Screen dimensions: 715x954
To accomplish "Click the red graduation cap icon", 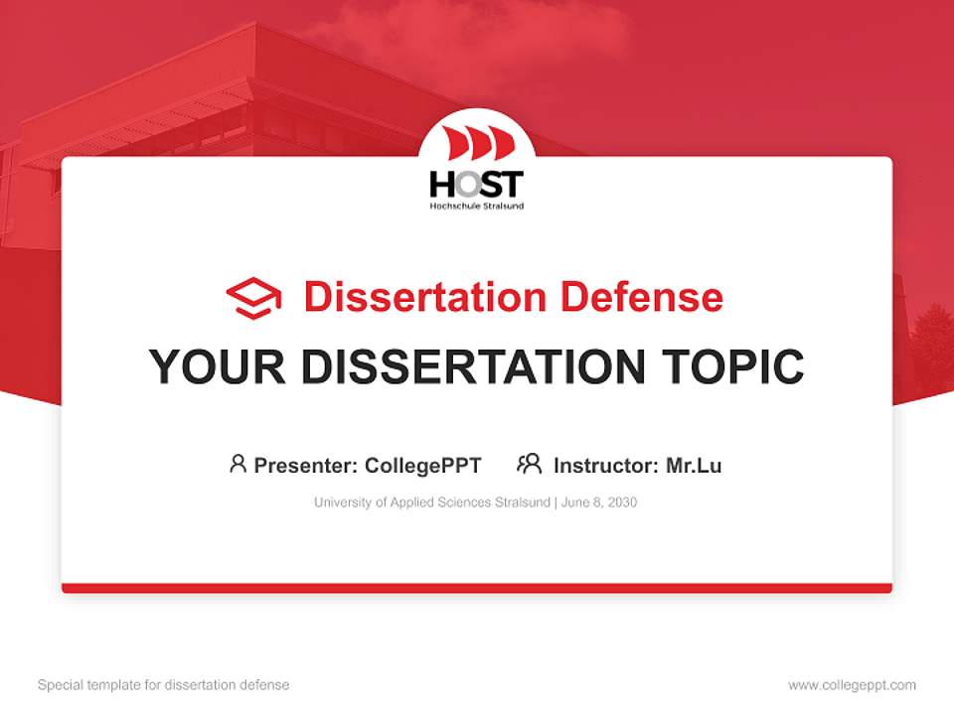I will (253, 297).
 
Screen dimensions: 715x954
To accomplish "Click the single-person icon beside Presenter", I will (238, 464).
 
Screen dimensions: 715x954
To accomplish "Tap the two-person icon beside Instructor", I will (529, 464).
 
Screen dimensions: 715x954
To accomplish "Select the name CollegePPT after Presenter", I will (423, 465).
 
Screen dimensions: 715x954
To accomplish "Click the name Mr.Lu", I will (694, 465).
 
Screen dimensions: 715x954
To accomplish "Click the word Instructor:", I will (605, 465).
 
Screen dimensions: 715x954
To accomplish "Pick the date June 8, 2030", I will (599, 502).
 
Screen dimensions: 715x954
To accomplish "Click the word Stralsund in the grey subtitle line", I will (522, 502).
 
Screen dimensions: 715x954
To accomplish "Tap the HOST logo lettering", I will (476, 184).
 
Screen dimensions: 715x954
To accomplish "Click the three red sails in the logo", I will (477, 144).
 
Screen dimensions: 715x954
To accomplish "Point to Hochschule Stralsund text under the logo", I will (476, 206).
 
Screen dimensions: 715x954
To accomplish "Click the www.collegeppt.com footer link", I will (852, 685).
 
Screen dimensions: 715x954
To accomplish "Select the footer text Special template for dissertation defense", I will (164, 685).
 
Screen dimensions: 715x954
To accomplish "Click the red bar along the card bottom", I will (477, 588).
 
